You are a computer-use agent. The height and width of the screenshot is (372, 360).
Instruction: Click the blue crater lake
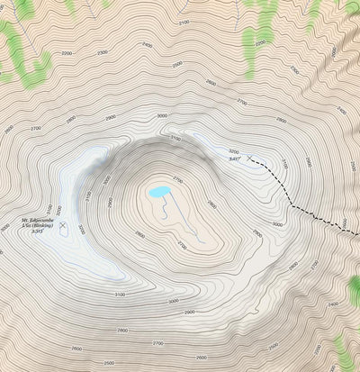point(157,192)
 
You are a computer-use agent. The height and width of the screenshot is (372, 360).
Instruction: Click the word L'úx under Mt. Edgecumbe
point(28,225)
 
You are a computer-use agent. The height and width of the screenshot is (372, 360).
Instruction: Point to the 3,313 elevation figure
point(37,231)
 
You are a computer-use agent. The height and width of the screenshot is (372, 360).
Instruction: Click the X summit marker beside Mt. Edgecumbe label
point(63,222)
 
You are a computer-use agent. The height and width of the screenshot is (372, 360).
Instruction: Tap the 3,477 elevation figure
point(235,159)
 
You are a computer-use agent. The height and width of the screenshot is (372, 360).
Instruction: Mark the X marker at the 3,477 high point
point(248,157)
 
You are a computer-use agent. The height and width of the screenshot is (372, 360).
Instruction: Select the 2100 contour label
point(184,22)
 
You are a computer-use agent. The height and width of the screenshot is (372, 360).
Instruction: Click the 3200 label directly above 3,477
point(234,151)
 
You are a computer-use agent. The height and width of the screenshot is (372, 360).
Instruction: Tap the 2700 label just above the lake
point(177,180)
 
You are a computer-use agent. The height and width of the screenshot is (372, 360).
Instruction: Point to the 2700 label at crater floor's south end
point(181,245)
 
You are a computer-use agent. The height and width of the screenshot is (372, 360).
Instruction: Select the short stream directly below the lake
point(164,211)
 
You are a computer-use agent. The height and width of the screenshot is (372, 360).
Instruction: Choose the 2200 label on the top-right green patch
point(261,41)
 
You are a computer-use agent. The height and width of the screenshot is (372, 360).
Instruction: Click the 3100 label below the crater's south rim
point(120,295)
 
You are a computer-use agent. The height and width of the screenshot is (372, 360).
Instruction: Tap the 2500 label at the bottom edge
point(109,363)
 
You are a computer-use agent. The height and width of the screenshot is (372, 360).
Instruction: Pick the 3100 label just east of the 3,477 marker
point(283,164)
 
